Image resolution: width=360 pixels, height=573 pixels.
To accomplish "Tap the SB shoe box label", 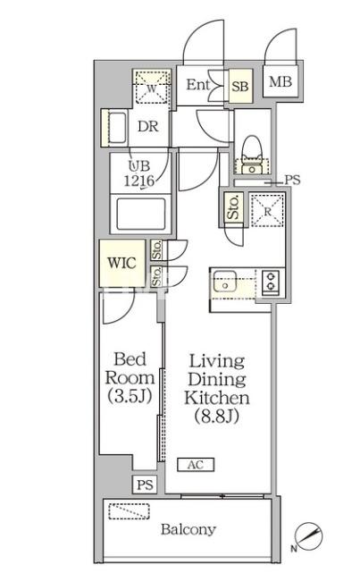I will (239, 87).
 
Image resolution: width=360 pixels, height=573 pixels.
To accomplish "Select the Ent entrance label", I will (199, 85).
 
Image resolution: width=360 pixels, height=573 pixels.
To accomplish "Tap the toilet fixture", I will (251, 154).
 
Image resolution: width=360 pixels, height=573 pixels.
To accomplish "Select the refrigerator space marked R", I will (265, 210).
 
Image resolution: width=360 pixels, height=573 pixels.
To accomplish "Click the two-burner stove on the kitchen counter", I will (269, 284).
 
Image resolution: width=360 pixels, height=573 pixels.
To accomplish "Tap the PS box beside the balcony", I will (143, 485).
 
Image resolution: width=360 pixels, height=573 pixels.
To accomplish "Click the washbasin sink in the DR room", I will (115, 128).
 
